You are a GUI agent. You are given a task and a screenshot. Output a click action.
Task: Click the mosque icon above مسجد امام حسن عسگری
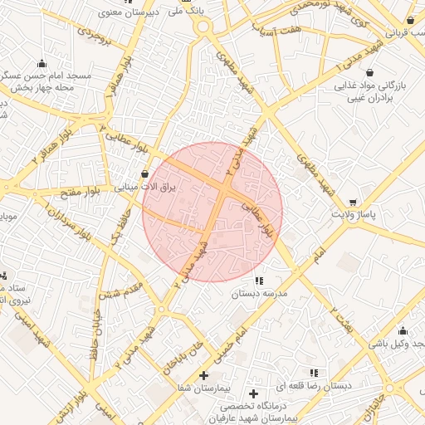(x=42, y=64)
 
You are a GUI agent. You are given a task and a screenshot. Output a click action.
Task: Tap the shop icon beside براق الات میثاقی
(x=147, y=174)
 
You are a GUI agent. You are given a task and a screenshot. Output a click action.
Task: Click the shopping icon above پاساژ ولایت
(x=354, y=202)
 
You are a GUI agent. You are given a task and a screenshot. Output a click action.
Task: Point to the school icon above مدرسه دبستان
(x=260, y=281)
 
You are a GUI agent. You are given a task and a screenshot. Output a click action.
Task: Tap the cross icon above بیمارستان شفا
(x=203, y=375)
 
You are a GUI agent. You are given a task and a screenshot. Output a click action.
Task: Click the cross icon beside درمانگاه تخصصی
(x=253, y=392)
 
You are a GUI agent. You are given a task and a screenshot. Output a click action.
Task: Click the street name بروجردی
(x=90, y=36)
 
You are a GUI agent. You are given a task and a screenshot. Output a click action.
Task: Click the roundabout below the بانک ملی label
(x=202, y=27)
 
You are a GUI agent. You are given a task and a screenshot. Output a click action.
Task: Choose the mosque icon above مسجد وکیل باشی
(x=403, y=330)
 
